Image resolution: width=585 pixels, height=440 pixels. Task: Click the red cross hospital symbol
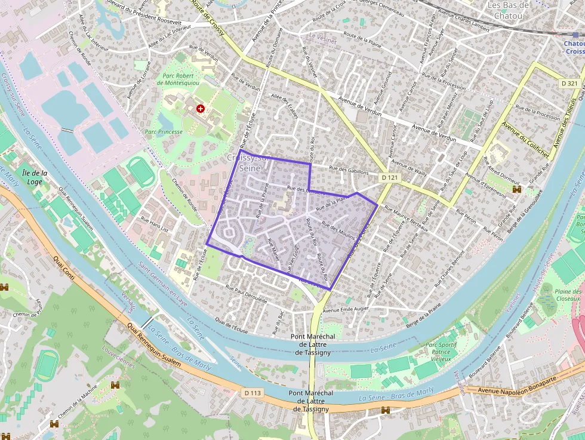[201, 109]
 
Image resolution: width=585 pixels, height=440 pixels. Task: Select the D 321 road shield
[569, 84]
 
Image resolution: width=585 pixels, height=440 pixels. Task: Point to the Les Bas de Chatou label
[509, 10]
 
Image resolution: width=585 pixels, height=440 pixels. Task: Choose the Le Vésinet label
[322, 35]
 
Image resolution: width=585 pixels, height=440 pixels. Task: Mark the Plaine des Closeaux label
[567, 294]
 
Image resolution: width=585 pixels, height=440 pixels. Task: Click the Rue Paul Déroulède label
[247, 294]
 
